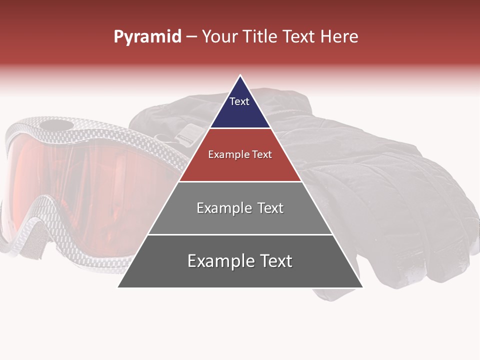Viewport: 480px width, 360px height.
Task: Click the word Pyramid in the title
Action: [x=147, y=37]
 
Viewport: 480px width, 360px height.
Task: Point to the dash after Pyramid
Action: [x=191, y=37]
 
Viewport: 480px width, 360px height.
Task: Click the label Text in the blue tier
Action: [x=239, y=101]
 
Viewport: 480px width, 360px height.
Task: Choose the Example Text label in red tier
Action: [x=240, y=154]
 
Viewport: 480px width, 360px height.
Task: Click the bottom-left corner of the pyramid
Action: [x=118, y=287]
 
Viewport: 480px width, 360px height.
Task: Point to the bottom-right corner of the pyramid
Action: [x=362, y=287]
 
